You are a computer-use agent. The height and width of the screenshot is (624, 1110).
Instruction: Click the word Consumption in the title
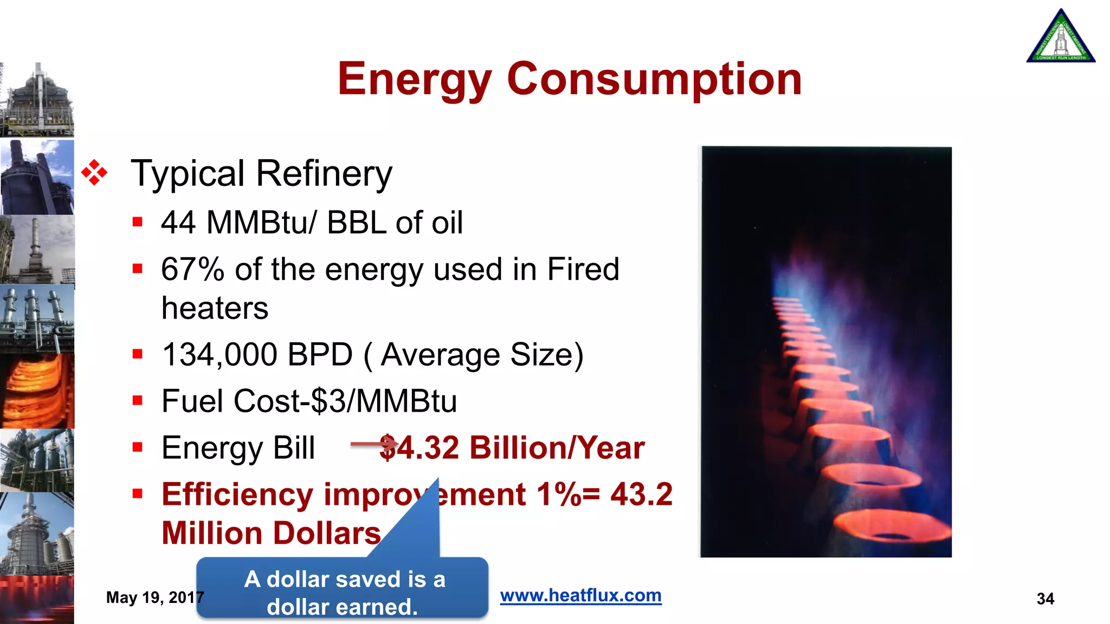point(654,79)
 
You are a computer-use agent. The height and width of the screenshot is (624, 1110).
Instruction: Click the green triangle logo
point(1060,37)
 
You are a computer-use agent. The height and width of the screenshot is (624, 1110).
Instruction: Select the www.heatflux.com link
point(580,595)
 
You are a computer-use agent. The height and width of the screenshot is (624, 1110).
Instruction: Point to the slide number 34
point(1045,599)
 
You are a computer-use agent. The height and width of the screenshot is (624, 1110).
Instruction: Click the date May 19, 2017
point(154,597)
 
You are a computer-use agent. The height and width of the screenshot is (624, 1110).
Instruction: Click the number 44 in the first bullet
point(178,222)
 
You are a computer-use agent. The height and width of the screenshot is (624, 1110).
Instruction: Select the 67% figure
point(192,269)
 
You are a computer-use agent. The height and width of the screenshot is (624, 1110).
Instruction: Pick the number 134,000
point(220,355)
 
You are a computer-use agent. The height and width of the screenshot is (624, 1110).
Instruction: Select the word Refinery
point(324,174)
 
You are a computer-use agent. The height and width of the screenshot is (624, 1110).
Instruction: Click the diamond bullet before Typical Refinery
point(94,173)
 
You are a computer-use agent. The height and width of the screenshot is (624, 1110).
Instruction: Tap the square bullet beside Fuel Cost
point(138,401)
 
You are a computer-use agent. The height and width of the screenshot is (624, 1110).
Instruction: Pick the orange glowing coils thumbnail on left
point(37,391)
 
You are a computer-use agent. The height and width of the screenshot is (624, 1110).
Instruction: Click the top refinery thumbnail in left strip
point(37,100)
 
